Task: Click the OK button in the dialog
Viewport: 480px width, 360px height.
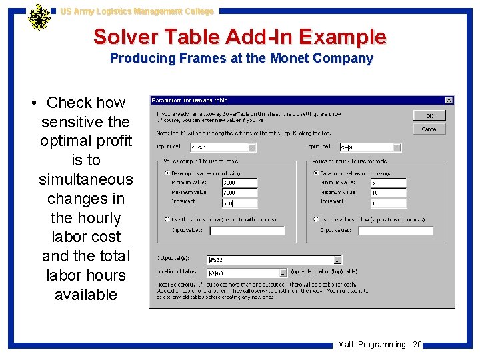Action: (x=429, y=115)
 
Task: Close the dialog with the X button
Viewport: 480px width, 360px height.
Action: (x=449, y=101)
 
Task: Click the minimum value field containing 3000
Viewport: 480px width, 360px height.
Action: (x=239, y=183)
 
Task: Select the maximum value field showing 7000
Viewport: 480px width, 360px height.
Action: (x=239, y=193)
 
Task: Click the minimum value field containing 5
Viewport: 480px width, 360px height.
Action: (x=388, y=183)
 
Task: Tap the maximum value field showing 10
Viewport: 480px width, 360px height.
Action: (x=388, y=193)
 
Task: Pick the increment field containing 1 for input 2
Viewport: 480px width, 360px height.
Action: (x=388, y=203)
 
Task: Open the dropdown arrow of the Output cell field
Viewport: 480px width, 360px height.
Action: (x=337, y=260)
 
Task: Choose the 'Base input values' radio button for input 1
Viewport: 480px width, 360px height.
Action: (x=167, y=173)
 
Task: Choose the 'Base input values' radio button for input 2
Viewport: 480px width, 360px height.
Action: (x=315, y=173)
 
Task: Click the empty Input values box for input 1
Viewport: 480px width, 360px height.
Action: (x=247, y=231)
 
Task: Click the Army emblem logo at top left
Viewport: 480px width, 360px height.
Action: (x=39, y=19)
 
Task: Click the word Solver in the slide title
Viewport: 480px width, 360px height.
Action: (x=126, y=37)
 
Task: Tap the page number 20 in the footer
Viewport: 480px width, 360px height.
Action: (x=417, y=345)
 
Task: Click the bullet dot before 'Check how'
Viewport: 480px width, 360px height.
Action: (x=34, y=103)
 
